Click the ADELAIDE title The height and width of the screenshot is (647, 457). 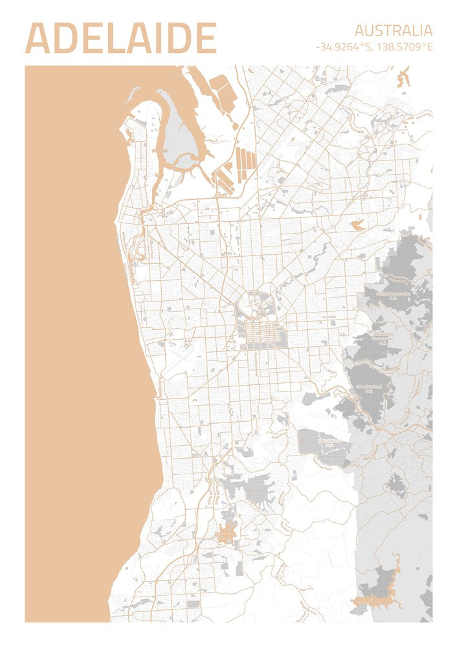(120, 39)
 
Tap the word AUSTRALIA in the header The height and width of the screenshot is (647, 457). (393, 30)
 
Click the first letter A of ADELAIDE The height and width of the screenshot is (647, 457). (38, 39)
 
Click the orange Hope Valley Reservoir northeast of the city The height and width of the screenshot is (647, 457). (357, 225)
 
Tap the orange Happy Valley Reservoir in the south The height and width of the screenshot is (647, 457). (226, 533)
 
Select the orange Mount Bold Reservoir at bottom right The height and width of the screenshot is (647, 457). (379, 598)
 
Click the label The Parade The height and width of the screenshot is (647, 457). (330, 317)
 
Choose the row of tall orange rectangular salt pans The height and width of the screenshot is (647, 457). (245, 159)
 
